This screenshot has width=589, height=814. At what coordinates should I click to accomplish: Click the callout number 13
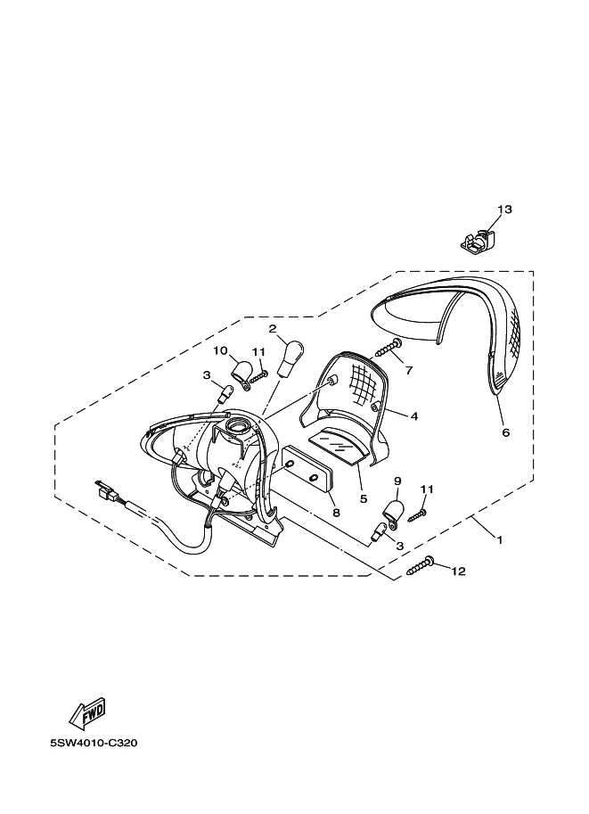tap(504, 210)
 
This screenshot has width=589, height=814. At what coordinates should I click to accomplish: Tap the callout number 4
tap(413, 415)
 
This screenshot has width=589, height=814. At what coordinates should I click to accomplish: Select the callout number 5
tap(363, 499)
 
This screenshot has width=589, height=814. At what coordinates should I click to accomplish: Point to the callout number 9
tap(397, 481)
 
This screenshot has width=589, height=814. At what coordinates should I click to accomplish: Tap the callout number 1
tap(499, 540)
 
